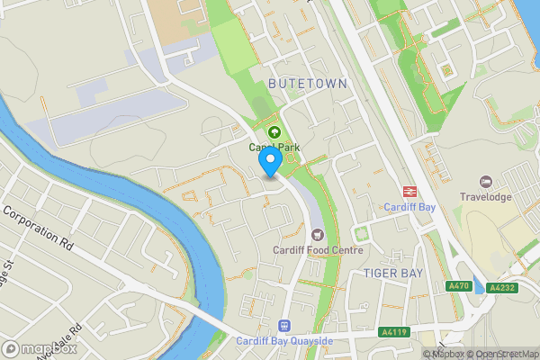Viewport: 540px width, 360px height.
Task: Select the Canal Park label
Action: tap(274, 147)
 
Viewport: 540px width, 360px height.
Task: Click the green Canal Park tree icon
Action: tap(275, 131)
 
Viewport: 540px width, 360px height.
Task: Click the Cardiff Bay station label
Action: tap(410, 206)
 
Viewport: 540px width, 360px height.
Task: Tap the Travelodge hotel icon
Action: tap(487, 182)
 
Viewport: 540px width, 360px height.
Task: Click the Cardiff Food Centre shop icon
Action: tap(316, 235)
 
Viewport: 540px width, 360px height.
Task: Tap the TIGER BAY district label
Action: tap(392, 272)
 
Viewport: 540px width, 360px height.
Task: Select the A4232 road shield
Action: tap(500, 288)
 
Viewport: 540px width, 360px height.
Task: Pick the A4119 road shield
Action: tap(393, 330)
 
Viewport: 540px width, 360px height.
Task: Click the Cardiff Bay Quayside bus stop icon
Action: tap(285, 326)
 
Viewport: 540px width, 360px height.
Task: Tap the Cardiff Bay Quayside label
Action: tap(285, 341)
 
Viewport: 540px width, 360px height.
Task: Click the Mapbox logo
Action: tap(40, 348)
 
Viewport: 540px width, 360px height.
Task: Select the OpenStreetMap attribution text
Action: tap(507, 354)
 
